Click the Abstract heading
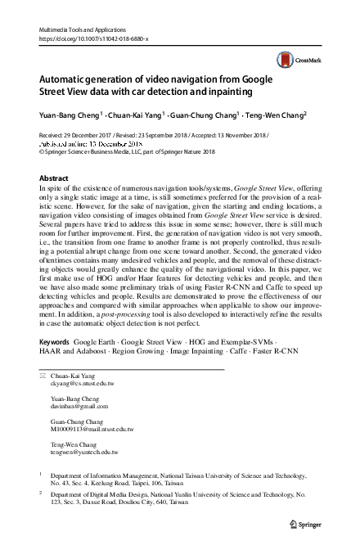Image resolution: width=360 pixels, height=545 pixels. click(x=55, y=177)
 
